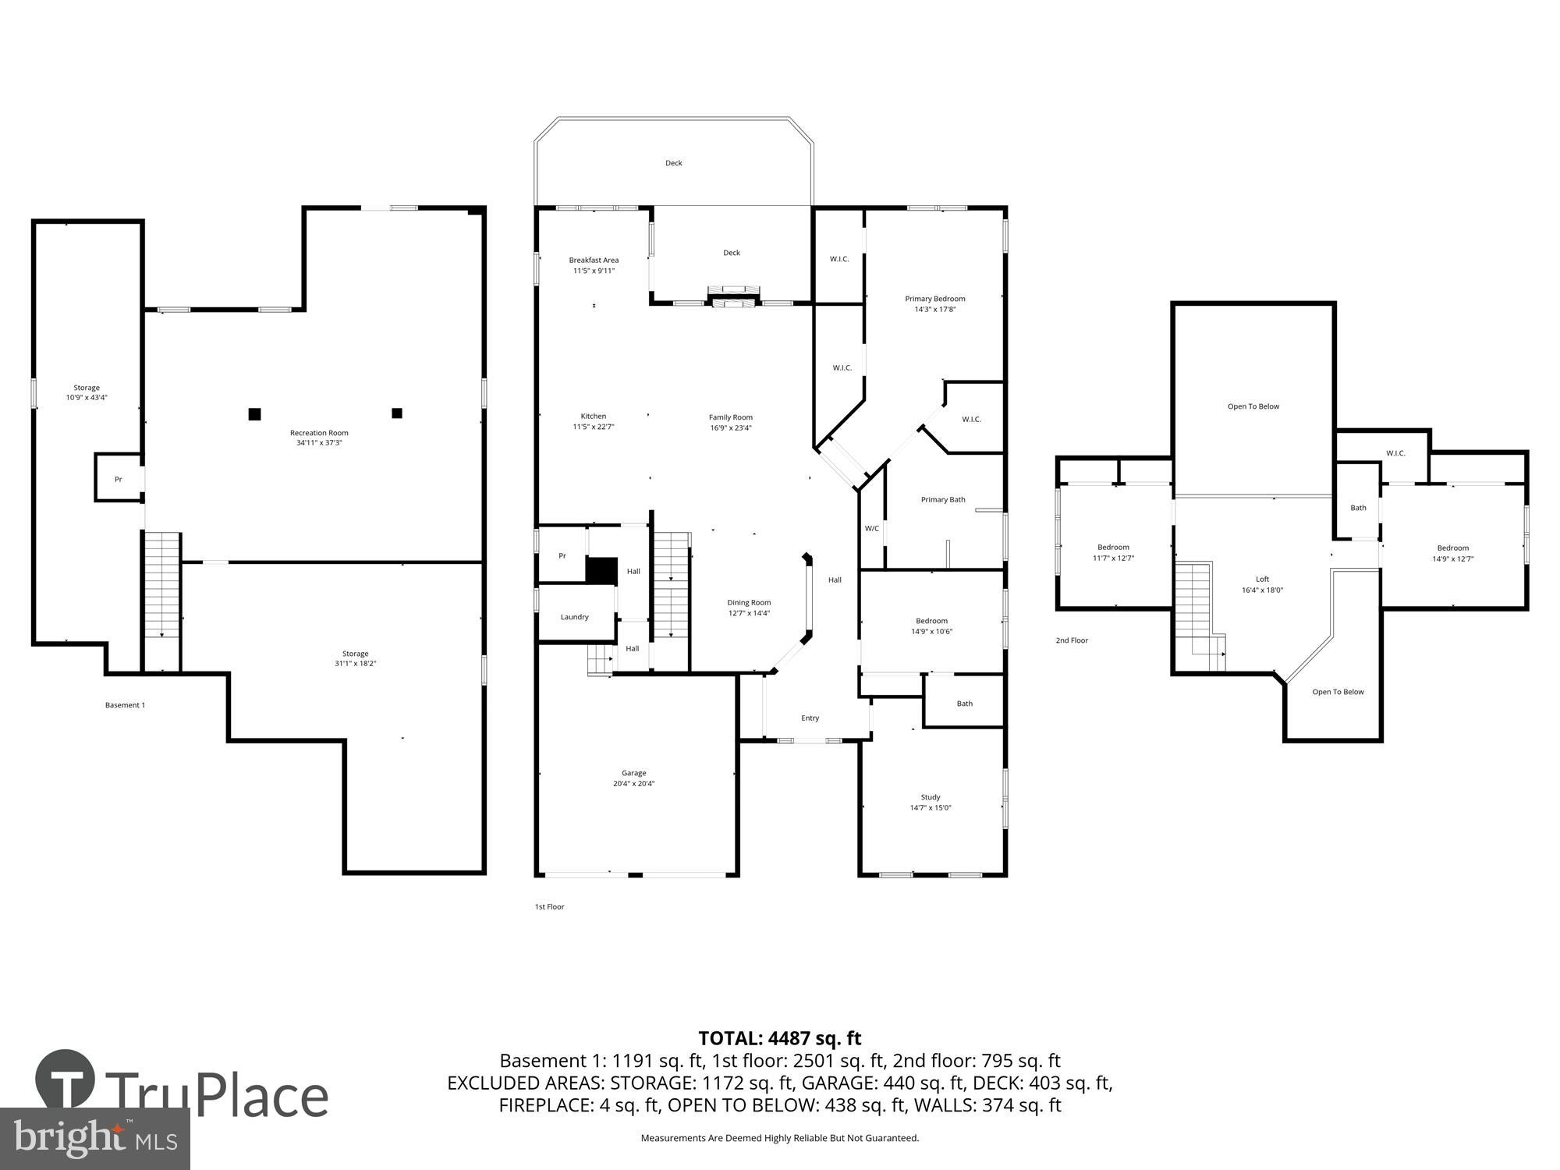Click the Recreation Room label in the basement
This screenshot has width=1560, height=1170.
click(319, 433)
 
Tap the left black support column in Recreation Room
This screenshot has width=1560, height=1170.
click(254, 414)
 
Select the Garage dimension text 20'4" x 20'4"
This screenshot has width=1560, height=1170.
click(633, 784)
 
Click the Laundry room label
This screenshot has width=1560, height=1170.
click(575, 617)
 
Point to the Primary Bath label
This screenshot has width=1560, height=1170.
click(943, 500)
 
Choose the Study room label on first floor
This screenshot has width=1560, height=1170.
click(931, 797)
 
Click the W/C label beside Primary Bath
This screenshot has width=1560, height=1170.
click(872, 529)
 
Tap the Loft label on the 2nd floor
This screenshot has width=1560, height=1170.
click(1262, 580)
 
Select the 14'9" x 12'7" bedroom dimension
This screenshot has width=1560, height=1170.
click(1452, 558)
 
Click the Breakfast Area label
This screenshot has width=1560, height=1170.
click(594, 261)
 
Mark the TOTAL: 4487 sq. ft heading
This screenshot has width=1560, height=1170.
click(779, 1038)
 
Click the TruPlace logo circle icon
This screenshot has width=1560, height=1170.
click(66, 1080)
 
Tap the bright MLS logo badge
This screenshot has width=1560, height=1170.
click(94, 1139)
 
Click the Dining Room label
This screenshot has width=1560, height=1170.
click(749, 603)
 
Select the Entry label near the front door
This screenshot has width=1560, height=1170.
click(810, 718)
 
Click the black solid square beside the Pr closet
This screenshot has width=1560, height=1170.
click(601, 569)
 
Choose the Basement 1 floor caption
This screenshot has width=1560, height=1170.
click(125, 705)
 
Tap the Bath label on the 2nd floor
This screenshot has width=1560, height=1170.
click(1358, 508)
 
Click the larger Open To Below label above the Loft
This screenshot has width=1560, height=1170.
click(1253, 406)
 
